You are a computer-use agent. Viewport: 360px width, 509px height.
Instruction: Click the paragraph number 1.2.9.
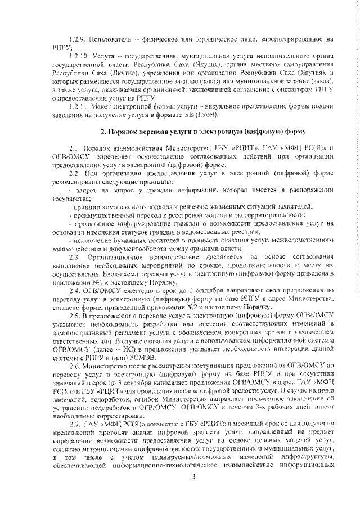click(76, 40)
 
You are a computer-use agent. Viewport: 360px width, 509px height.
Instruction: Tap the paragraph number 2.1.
click(74, 147)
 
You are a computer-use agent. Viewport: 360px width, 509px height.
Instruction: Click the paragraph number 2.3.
click(74, 257)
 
